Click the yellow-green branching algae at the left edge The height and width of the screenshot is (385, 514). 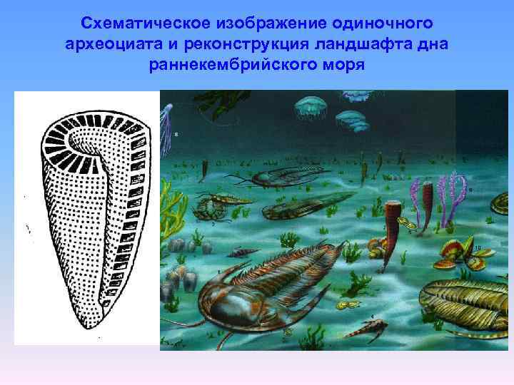point(166,207)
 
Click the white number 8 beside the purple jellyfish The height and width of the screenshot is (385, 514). point(176,134)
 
